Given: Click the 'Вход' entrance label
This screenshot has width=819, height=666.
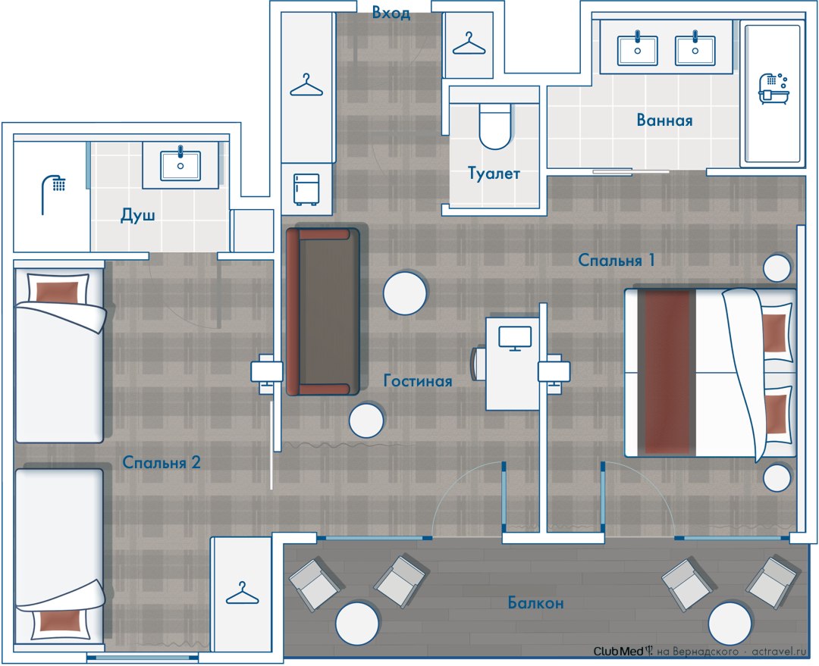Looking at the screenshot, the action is (x=391, y=13).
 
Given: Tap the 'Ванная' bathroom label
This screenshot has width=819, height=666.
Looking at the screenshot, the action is (x=664, y=120).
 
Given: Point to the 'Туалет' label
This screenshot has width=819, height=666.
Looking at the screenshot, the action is (x=494, y=173).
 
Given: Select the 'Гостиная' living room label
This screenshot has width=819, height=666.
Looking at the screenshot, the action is (x=417, y=380).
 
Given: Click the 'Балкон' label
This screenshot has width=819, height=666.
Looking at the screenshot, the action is (x=536, y=603).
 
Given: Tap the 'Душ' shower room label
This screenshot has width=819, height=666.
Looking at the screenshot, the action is (x=138, y=214).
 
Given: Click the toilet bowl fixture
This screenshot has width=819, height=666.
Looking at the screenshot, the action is (x=494, y=126).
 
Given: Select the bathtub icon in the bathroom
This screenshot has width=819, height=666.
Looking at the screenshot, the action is (x=773, y=89).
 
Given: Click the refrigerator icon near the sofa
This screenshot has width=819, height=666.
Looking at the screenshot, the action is (x=306, y=189).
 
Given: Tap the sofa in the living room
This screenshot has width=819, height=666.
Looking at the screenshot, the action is (x=323, y=311).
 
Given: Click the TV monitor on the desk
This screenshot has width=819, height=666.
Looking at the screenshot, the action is (x=515, y=338).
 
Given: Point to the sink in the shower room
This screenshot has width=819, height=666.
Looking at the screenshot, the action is (x=180, y=165).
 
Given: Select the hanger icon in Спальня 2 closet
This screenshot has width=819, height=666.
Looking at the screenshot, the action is (x=243, y=593).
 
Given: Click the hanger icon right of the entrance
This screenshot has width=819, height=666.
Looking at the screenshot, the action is (x=469, y=43).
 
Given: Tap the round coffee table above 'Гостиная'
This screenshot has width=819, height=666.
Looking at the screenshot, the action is (x=405, y=292).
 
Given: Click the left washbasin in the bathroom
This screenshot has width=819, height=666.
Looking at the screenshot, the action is (x=637, y=49).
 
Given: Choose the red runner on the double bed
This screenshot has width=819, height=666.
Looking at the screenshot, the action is (x=667, y=372).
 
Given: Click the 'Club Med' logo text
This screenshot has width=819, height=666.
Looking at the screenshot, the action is (x=619, y=651).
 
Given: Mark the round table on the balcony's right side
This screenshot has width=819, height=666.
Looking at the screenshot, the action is (x=730, y=624).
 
